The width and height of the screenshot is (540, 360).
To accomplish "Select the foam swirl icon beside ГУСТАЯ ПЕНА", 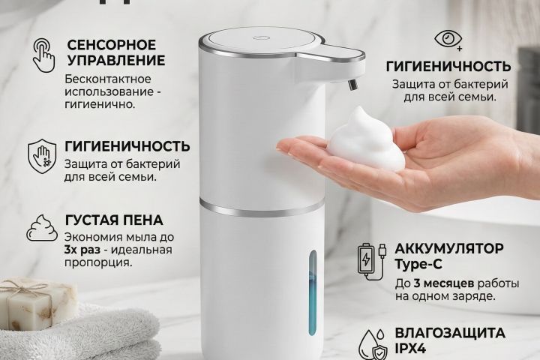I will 43,228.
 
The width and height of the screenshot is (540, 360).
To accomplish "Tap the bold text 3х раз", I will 85,249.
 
